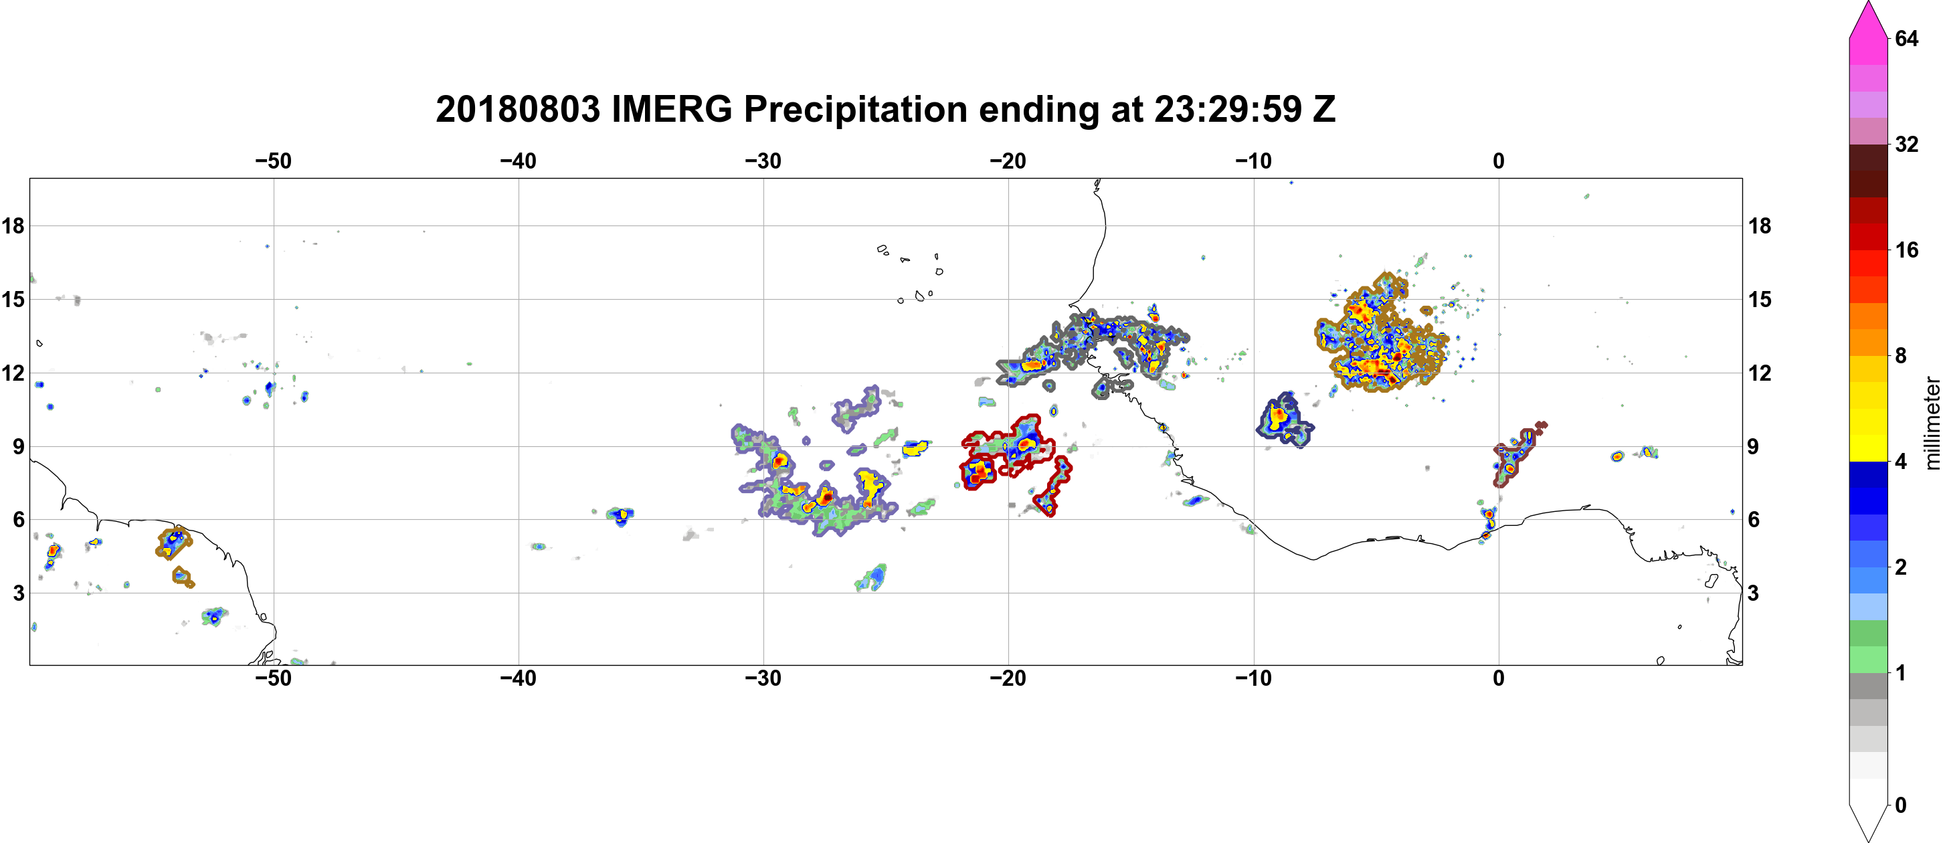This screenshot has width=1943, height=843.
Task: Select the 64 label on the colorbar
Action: pyautogui.click(x=1906, y=38)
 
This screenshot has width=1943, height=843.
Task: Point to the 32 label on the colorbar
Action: pyautogui.click(x=1906, y=144)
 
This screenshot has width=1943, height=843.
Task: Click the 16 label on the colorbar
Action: pyautogui.click(x=1906, y=250)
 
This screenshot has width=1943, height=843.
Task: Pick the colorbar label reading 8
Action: pyautogui.click(x=1901, y=355)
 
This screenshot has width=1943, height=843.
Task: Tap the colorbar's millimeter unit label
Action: pyautogui.click(x=1932, y=423)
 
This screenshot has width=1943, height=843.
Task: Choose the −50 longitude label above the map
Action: pyautogui.click(x=273, y=161)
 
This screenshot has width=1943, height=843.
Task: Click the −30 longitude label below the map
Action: pyautogui.click(x=763, y=678)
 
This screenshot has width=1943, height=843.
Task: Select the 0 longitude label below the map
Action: pyautogui.click(x=1499, y=678)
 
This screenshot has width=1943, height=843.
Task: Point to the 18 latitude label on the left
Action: pyautogui.click(x=13, y=225)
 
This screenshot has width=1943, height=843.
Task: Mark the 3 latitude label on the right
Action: pyautogui.click(x=1754, y=593)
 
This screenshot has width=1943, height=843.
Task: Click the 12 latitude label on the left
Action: pyautogui.click(x=13, y=373)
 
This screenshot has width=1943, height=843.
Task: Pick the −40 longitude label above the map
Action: pyautogui.click(x=518, y=161)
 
